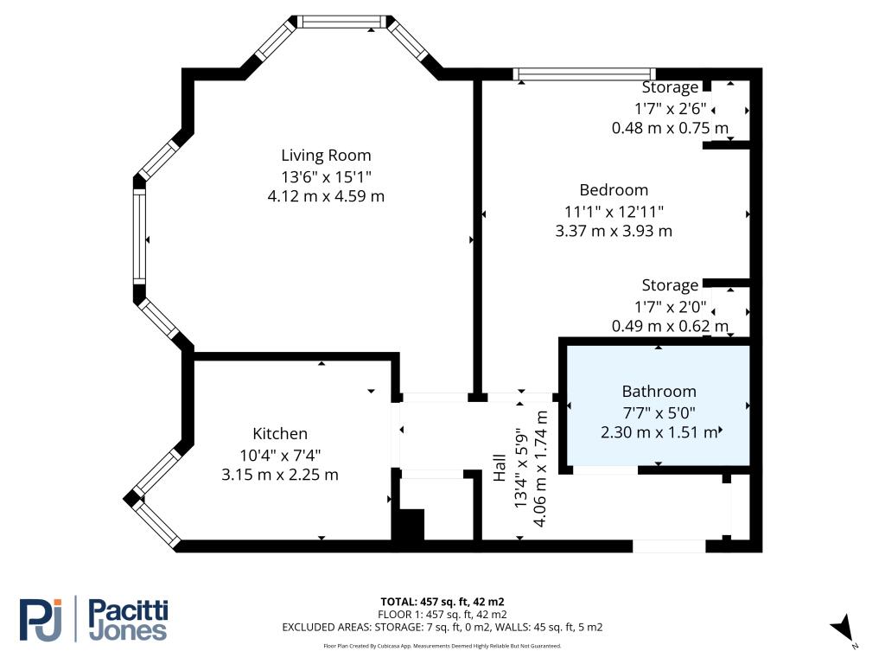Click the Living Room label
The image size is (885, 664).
(x=326, y=156)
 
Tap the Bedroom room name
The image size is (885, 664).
(x=614, y=190)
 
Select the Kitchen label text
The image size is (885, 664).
(x=280, y=434)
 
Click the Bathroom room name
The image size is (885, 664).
(x=659, y=392)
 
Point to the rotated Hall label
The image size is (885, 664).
(x=500, y=467)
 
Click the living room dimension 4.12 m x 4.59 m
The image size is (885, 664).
(x=326, y=196)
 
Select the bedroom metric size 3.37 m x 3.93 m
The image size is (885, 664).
(x=614, y=231)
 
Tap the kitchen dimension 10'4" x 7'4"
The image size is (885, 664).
(x=280, y=454)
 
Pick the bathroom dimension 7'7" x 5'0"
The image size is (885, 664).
(x=659, y=412)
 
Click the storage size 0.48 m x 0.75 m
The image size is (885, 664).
(x=659, y=127)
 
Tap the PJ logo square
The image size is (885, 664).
(x=41, y=619)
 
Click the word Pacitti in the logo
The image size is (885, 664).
(x=129, y=610)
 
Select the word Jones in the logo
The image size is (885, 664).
(x=128, y=631)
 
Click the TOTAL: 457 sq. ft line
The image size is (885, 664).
(x=442, y=601)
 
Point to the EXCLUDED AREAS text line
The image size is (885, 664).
(x=442, y=627)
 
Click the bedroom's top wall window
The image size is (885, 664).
(x=584, y=74)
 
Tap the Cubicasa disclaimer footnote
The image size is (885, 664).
(x=442, y=646)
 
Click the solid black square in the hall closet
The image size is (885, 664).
(x=410, y=526)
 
